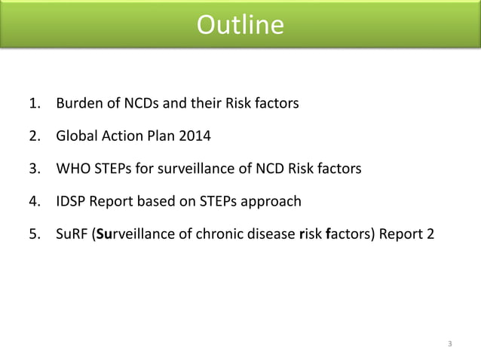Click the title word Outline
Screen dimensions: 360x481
[x=240, y=26]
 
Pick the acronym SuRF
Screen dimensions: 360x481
[x=71, y=233]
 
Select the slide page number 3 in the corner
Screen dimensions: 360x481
[x=450, y=345]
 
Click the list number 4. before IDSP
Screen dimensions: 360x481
[x=35, y=201]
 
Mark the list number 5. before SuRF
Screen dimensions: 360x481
[x=35, y=233]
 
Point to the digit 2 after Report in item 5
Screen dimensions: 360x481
[x=430, y=233]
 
